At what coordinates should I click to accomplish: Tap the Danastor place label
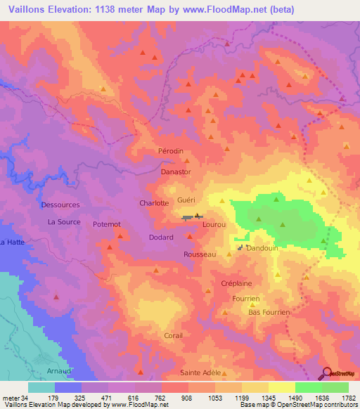point(176,171)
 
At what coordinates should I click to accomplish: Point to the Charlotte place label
point(154,203)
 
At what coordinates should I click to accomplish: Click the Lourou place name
point(214,224)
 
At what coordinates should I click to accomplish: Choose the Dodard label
point(160,238)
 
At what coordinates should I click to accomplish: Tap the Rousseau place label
point(199,254)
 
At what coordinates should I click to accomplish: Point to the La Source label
point(64,221)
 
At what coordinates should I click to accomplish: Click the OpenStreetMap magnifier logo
point(327,374)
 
